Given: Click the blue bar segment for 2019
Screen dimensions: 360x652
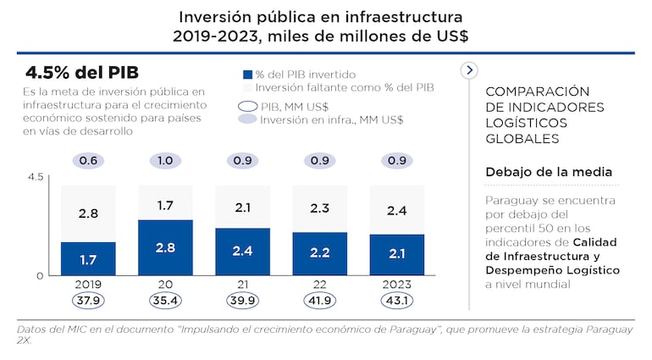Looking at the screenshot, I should (88, 259).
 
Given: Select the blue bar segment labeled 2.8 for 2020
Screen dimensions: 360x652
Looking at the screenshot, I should (165, 247).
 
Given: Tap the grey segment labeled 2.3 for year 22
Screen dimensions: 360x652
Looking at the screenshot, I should (319, 208).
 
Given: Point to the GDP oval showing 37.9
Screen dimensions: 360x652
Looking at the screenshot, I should (88, 302).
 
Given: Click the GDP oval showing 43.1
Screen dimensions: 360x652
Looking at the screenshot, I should (396, 302).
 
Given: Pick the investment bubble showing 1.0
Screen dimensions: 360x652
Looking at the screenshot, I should (165, 161).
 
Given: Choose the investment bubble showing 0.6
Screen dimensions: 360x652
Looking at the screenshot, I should (88, 161).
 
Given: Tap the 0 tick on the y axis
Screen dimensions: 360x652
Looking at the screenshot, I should (39, 275).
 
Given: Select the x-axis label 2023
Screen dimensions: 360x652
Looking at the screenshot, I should (396, 285).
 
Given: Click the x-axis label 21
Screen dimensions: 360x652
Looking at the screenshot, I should (242, 285).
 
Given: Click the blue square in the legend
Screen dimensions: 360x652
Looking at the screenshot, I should (247, 75).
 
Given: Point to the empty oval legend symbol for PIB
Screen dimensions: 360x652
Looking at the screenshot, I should (247, 107).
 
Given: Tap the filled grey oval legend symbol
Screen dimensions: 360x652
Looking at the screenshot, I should (247, 119).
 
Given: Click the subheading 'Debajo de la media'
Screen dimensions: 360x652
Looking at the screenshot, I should (548, 172).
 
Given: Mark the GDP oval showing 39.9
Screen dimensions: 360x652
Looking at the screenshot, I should (242, 302).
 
